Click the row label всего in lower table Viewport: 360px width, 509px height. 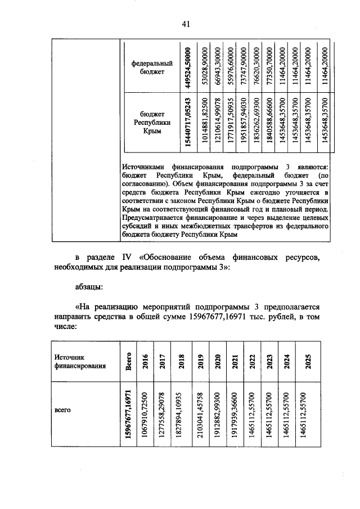click(x=62, y=411)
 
